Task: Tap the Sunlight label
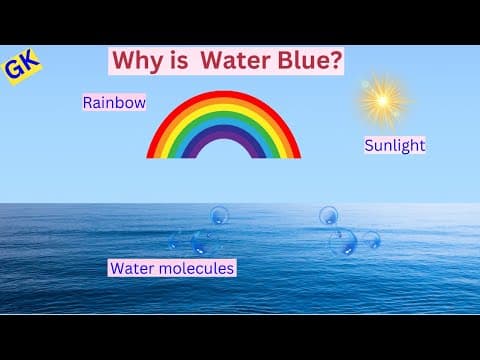tap(394, 145)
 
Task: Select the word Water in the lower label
tap(130, 268)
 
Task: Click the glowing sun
tap(382, 99)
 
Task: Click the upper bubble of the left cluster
tap(219, 214)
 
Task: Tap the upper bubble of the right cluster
tap(328, 214)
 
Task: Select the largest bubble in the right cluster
tap(343, 241)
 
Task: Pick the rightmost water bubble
tap(371, 239)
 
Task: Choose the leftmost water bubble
tap(175, 241)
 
